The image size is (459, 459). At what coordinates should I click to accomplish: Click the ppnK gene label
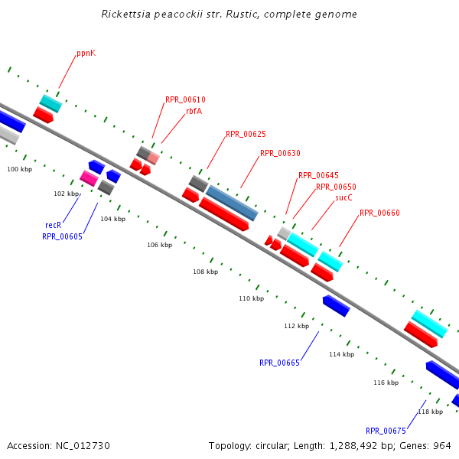click(86, 54)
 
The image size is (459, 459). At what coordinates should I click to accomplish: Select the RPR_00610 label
click(185, 100)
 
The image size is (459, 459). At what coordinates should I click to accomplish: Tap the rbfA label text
click(194, 111)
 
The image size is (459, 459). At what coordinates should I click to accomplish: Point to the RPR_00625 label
click(246, 135)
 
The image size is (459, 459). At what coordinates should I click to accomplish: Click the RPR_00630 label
click(280, 153)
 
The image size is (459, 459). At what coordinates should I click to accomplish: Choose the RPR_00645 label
click(318, 176)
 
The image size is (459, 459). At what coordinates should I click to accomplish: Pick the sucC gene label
click(343, 197)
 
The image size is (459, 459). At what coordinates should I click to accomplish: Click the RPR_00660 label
click(379, 213)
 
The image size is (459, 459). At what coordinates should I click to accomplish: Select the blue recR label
click(53, 225)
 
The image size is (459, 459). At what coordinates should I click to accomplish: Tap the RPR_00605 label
click(62, 236)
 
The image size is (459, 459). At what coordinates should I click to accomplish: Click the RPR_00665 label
click(279, 363)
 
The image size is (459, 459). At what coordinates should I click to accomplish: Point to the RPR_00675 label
click(386, 431)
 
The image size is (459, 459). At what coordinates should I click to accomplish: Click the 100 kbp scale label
click(20, 169)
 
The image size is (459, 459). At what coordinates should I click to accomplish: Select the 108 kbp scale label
click(205, 272)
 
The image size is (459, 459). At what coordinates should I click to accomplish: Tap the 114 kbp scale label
click(341, 354)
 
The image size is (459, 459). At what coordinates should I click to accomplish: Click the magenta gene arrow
click(90, 178)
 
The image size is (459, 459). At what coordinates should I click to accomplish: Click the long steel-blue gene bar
click(232, 203)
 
